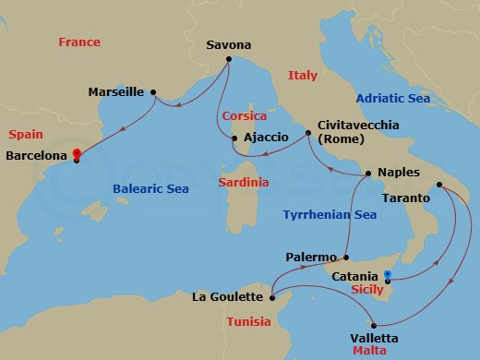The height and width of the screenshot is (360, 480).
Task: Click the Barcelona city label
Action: tap(36, 156)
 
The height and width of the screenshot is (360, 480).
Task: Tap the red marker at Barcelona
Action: tap(76, 154)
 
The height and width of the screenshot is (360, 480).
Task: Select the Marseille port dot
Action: tap(152, 91)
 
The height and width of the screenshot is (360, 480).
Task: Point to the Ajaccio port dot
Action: tap(234, 139)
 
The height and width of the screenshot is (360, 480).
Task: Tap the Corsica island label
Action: tap(243, 116)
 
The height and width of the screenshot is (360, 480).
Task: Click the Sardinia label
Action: tap(244, 182)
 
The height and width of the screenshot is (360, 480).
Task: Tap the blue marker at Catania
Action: tap(387, 275)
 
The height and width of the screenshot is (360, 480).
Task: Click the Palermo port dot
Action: tap(345, 258)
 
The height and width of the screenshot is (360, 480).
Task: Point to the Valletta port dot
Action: tap(374, 324)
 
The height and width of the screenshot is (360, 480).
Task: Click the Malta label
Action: tap(370, 352)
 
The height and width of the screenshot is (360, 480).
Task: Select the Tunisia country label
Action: tap(248, 321)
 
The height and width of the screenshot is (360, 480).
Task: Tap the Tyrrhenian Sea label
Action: tap(330, 214)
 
